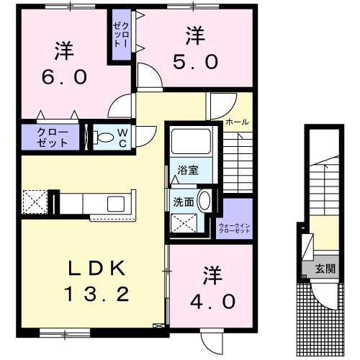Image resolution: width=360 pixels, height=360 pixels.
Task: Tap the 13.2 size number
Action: tap(97, 293)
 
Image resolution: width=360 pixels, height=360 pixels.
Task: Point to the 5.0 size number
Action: tap(193, 62)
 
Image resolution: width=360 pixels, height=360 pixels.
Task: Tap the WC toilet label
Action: tap(123, 138)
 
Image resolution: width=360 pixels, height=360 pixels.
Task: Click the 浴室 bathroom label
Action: tap(189, 170)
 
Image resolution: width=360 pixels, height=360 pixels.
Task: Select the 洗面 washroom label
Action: tap(184, 202)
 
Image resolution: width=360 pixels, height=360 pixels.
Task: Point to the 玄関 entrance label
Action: tap(325, 269)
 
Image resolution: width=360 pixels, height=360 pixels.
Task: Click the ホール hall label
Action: tap(237, 122)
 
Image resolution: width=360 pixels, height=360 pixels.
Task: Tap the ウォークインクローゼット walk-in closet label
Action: tap(235, 228)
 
